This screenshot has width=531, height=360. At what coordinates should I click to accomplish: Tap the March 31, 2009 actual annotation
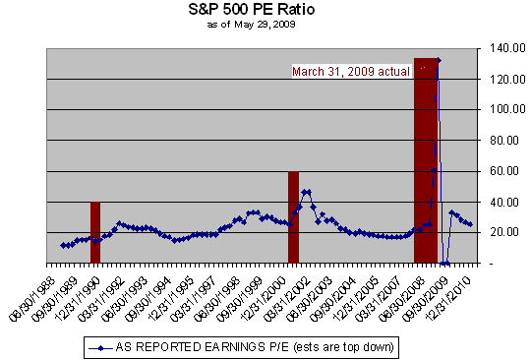coord(350,71)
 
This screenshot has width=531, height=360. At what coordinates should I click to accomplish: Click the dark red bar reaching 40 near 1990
coord(95,233)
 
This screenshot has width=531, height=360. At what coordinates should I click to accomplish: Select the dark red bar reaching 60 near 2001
coord(293,217)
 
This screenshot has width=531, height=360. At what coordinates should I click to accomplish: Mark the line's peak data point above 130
coord(439,61)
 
